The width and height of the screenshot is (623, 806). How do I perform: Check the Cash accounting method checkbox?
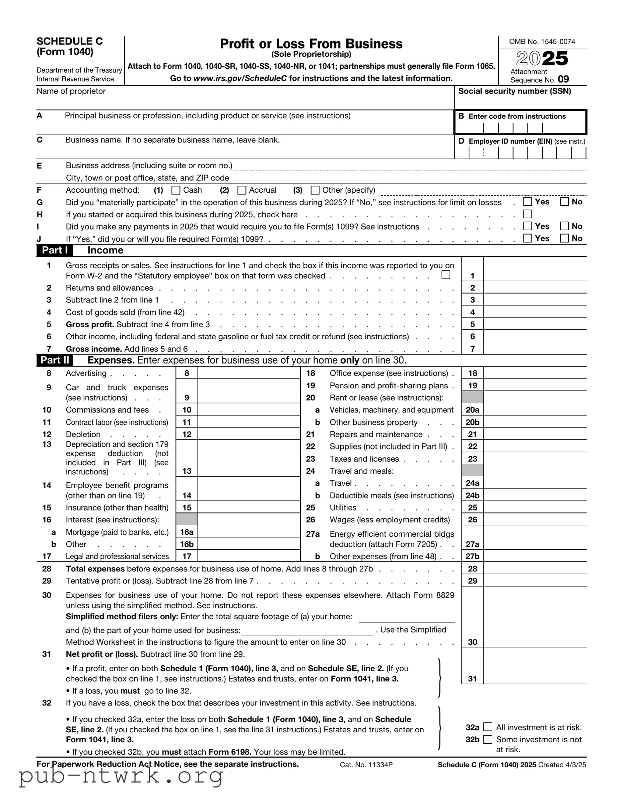(176, 190)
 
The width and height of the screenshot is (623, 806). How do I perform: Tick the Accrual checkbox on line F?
(242, 190)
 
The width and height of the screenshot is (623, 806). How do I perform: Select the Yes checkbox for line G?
(528, 201)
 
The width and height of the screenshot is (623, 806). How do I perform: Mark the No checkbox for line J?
(564, 238)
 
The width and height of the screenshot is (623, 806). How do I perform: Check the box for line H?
(528, 214)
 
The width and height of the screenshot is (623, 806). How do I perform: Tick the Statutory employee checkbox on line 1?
(446, 275)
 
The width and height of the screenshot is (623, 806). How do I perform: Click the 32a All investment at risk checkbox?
(488, 727)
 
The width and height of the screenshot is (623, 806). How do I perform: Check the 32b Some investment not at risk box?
(488, 739)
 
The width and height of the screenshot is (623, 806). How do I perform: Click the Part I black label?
(55, 250)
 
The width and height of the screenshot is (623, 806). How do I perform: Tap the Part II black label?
(55, 360)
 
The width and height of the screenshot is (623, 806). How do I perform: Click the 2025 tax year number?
(542, 58)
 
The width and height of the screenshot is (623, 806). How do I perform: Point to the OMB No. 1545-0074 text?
(542, 42)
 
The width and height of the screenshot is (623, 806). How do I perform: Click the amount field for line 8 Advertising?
(249, 373)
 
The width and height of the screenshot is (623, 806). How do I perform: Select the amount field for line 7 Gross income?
(535, 348)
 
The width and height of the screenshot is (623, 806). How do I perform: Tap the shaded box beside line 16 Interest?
(187, 519)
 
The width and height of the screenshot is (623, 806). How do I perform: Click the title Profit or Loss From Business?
(311, 44)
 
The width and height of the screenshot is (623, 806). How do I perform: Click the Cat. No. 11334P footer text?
(366, 765)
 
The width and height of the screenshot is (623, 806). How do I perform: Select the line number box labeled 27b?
(472, 556)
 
